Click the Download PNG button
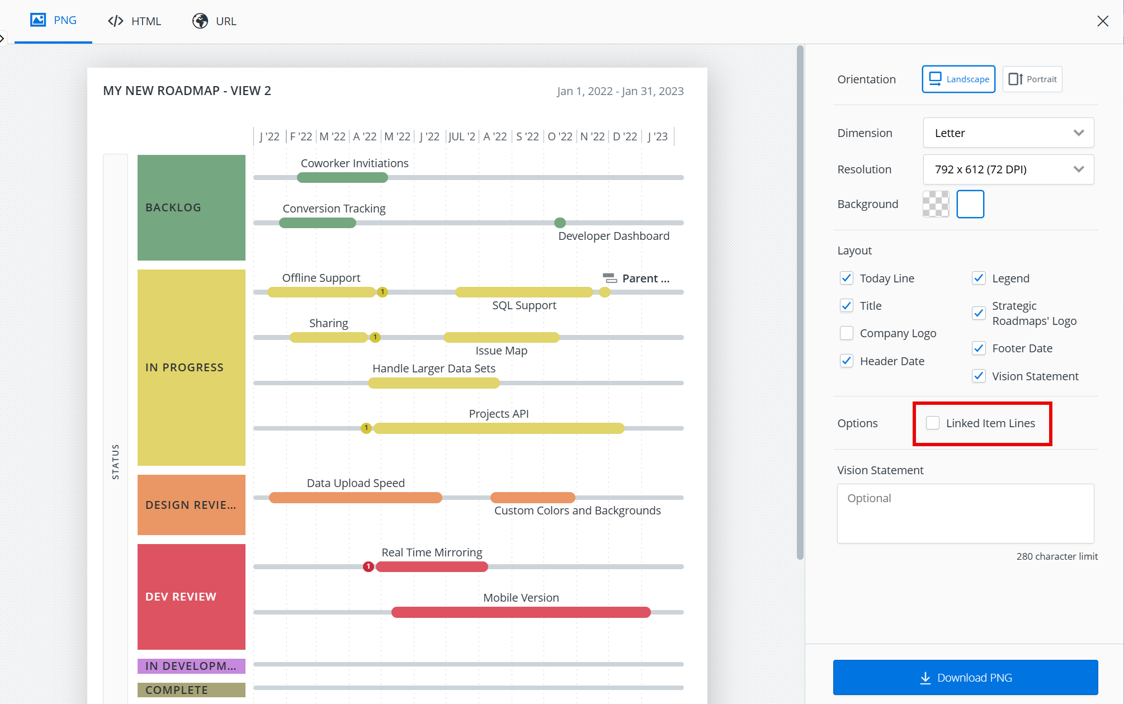965,677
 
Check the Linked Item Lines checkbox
933,423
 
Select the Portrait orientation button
1032,79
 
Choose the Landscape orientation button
958,79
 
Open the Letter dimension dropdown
1008,133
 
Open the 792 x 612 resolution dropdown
1008,169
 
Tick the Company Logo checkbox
847,333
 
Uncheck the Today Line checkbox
847,278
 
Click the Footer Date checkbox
979,348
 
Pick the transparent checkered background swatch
936,204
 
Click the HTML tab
134,21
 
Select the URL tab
215,21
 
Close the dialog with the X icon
1103,21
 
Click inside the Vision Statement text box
965,513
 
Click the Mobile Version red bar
521,612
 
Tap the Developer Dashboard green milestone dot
560,223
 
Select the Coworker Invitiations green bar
342,178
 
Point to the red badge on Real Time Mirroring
369,566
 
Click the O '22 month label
560,136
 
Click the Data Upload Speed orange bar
355,498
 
